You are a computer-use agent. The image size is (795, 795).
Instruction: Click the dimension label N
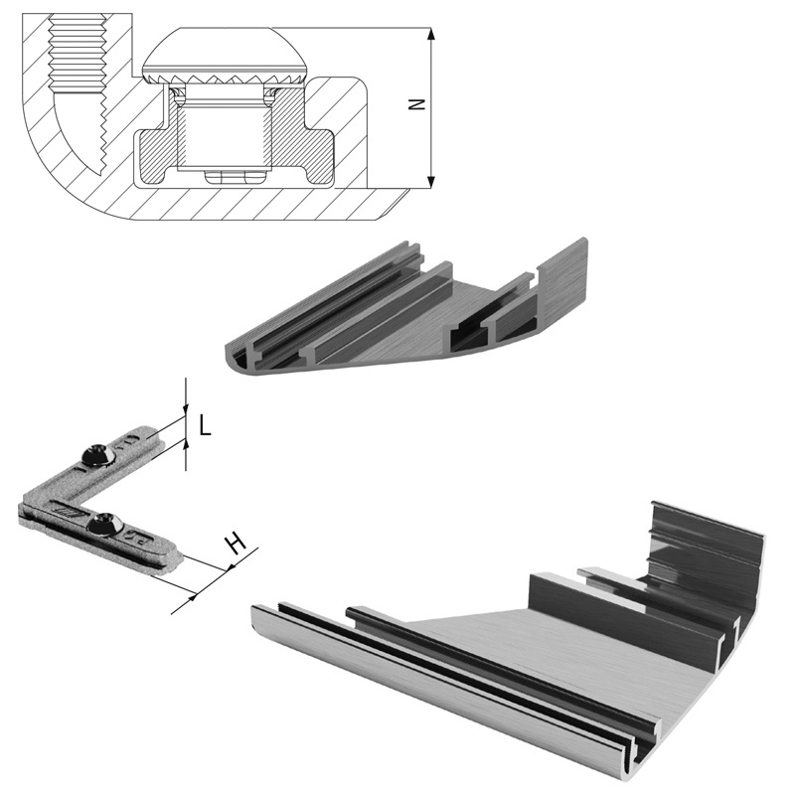coord(416,104)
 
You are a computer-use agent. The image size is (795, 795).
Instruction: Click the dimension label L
coord(205,425)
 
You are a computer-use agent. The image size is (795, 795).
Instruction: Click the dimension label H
coord(236,543)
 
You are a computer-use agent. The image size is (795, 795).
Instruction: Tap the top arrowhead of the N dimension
coord(431,35)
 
